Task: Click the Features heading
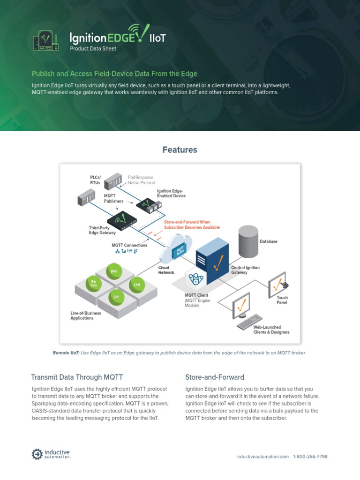180,150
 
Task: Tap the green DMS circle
114,271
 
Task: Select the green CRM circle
136,285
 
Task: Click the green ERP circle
116,297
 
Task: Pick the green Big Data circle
94,283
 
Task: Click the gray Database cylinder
248,241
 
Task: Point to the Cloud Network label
166,270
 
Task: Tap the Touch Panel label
282,300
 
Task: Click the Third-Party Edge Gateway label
103,230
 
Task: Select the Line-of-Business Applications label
82,315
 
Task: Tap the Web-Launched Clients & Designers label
271,330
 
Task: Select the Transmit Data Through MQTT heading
77,377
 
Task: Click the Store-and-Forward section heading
214,377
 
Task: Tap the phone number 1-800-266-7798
310,457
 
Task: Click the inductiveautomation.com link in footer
262,457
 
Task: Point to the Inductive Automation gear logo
37,454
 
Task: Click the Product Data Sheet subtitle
93,49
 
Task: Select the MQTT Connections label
129,245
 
